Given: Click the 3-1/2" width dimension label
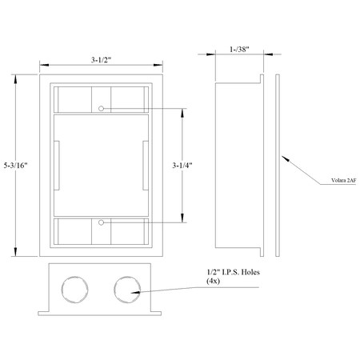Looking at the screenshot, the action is tap(101, 60).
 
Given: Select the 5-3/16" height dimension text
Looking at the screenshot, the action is tap(16, 166).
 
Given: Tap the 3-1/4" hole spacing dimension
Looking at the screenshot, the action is tap(182, 166).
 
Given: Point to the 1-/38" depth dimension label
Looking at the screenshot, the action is tap(239, 50).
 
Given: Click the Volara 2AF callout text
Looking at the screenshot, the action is tap(343, 180).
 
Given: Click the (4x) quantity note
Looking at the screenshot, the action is tap(213, 281).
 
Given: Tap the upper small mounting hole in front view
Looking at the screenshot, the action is tap(101, 109).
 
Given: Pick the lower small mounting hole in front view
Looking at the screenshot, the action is tap(101, 222).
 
